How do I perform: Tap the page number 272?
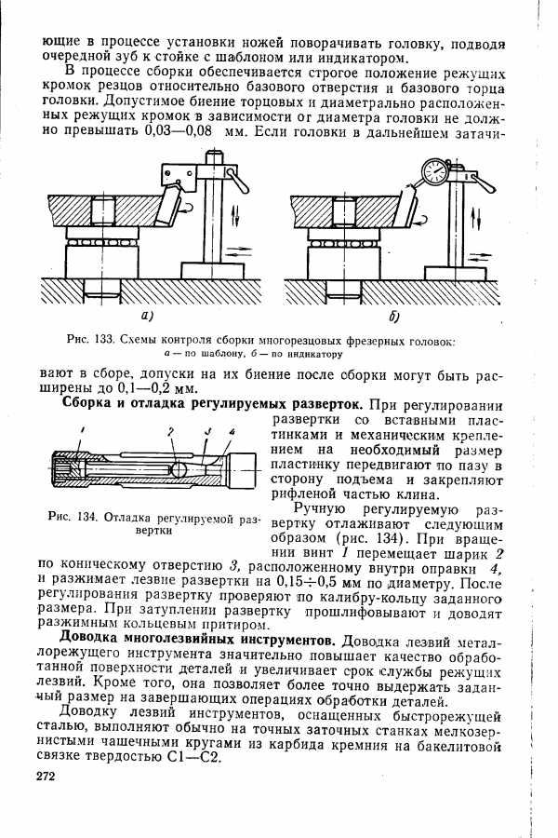point(46,777)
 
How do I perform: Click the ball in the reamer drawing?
point(179,468)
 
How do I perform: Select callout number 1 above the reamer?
point(83,430)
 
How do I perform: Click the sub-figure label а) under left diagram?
point(147,316)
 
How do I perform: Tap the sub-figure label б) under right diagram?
point(394,316)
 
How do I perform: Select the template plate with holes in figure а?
point(179,175)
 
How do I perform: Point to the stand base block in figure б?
point(455,273)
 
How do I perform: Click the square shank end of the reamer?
point(244,469)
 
